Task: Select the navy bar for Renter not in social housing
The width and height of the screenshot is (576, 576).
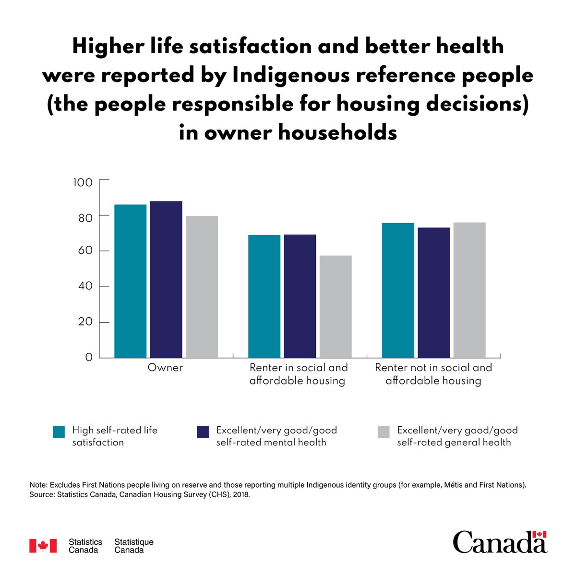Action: pyautogui.click(x=433, y=292)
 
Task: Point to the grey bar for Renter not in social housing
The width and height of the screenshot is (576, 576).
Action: pyautogui.click(x=469, y=290)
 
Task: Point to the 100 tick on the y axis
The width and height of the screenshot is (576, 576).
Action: pyautogui.click(x=83, y=182)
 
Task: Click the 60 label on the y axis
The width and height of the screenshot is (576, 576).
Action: pyautogui.click(x=83, y=251)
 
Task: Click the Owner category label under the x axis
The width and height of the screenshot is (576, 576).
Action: pyautogui.click(x=165, y=368)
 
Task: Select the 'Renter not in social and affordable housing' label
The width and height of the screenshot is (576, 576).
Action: pyautogui.click(x=433, y=374)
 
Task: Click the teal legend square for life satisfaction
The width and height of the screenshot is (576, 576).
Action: pyautogui.click(x=59, y=432)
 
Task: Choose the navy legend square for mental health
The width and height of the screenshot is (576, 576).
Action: pyautogui.click(x=203, y=432)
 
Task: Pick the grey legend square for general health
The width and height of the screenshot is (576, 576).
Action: pyautogui.click(x=384, y=432)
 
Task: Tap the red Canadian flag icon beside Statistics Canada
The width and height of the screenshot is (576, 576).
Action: pyautogui.click(x=43, y=546)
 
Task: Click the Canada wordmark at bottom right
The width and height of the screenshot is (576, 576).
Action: pyautogui.click(x=499, y=542)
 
